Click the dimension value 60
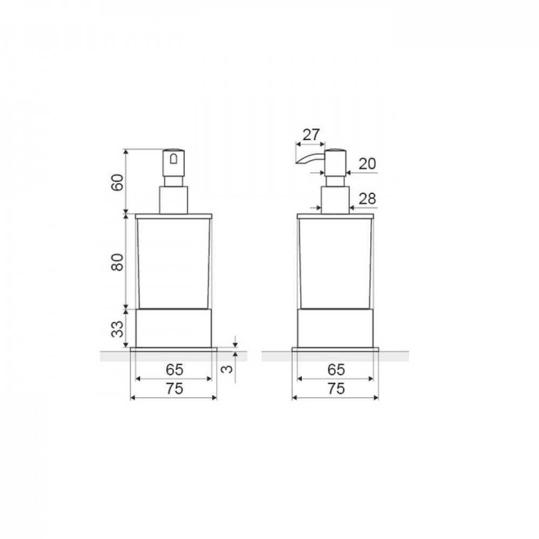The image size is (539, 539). click(117, 183)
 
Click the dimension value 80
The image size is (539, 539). click(117, 262)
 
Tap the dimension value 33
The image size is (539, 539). click(117, 329)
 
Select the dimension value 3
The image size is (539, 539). click(227, 369)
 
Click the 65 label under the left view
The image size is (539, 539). click(175, 370)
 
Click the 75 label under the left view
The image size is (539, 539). click(175, 389)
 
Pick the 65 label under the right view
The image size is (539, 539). click(336, 370)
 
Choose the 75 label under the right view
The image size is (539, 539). click(336, 389)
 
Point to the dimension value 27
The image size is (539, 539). click(311, 135)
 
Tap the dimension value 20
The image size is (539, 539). click(368, 164)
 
